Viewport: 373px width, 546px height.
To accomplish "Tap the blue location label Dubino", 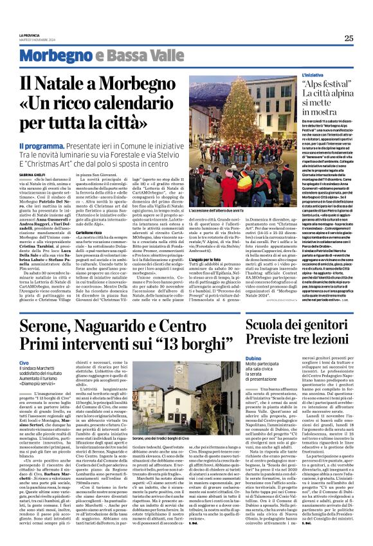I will click(x=253, y=358).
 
